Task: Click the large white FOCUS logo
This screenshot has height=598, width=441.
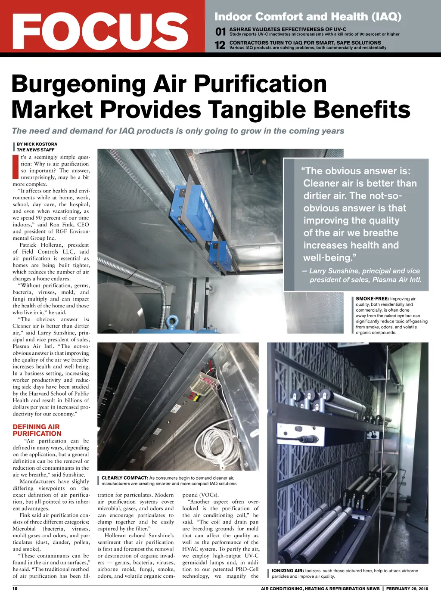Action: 100,31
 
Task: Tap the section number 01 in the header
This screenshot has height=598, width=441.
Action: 220,31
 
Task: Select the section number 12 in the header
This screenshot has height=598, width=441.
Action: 220,45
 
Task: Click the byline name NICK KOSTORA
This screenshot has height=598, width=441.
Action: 40,144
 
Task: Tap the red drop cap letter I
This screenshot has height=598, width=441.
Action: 16,167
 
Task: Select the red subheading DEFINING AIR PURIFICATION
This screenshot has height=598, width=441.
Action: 37,430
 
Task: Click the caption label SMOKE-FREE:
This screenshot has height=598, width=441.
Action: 372,299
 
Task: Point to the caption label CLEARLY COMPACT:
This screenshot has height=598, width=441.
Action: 125,478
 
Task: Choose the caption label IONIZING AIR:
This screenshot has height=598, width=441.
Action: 288,571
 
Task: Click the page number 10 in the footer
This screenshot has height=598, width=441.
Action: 15,589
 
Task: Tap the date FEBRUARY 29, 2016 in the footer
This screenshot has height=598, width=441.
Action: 407,589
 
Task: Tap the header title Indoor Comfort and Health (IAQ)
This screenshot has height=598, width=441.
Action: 307,17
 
